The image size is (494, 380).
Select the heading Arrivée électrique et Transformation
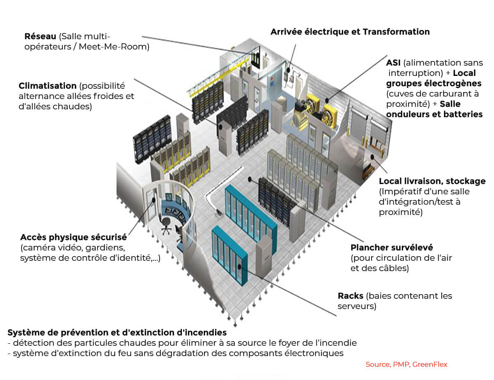point(350,32)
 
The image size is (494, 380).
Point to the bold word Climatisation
point(48,86)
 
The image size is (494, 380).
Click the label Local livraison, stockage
point(432,181)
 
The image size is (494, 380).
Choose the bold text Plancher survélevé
point(391,248)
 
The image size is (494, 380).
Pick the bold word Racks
point(351,296)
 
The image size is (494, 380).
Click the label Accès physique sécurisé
point(73,237)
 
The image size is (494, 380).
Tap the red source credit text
point(406,364)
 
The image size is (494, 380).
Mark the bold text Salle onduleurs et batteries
point(434,109)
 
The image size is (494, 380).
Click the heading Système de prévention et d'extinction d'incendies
point(117,332)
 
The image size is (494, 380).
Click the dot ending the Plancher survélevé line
point(250,179)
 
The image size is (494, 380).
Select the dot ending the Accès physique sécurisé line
point(154,200)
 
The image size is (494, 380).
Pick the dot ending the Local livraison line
point(372,156)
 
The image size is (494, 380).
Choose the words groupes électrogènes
point(434,83)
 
